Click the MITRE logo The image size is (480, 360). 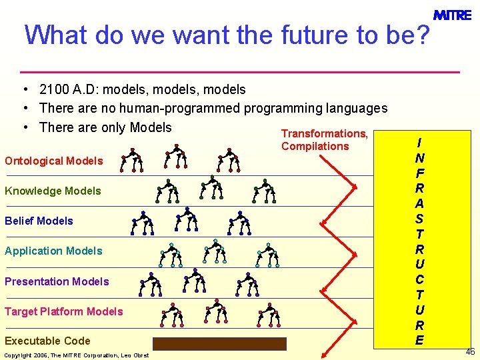click(x=453, y=14)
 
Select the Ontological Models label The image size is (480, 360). click(x=54, y=161)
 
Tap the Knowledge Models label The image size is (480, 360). click(x=53, y=191)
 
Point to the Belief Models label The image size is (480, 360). click(x=39, y=221)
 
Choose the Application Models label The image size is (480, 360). click(x=53, y=251)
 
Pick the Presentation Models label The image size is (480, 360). click(x=57, y=281)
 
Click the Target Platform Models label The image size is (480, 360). click(x=64, y=311)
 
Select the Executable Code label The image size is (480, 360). click(x=47, y=341)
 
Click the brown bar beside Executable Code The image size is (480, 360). click(x=219, y=343)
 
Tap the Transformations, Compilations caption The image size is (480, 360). click(x=324, y=140)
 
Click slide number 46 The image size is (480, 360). click(x=471, y=351)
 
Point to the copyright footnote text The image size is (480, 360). click(x=77, y=355)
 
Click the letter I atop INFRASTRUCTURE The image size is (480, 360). click(x=419, y=143)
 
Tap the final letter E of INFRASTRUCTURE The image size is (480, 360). click(x=419, y=340)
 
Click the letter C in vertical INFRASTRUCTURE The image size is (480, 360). click(x=419, y=279)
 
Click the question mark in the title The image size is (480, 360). click(x=421, y=35)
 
